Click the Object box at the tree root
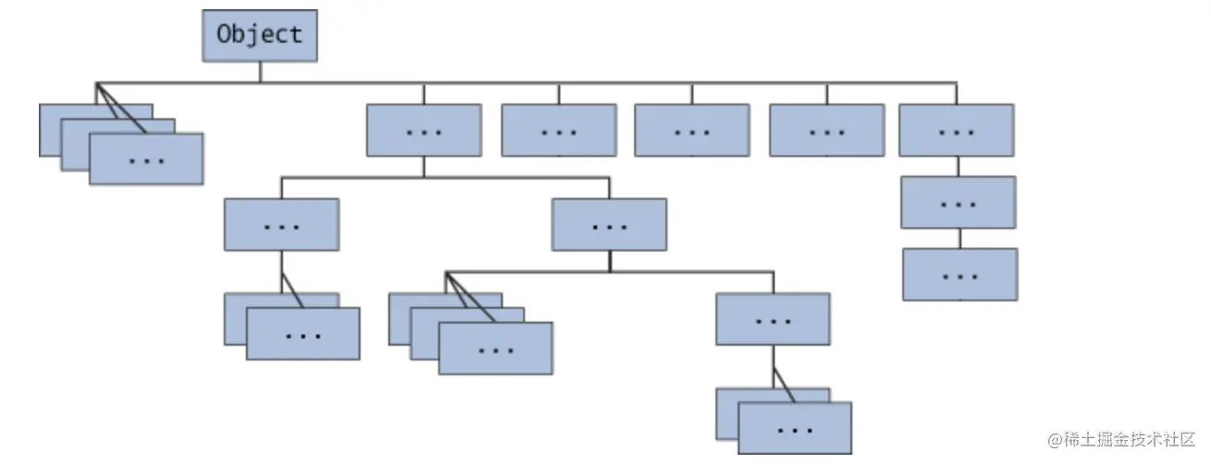tap(260, 35)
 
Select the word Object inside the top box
tap(260, 34)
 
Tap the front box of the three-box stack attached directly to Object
tap(146, 159)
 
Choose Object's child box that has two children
tap(423, 130)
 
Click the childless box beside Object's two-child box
tap(558, 130)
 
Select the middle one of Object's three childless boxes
tap(691, 130)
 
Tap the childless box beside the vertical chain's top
tap(826, 130)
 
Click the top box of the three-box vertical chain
tap(957, 130)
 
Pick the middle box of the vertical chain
tap(959, 202)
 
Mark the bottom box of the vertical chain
tap(960, 275)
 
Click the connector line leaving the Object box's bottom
tap(260, 72)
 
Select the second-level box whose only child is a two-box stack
tap(281, 225)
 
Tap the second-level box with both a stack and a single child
tap(608, 225)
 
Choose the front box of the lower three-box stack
tap(495, 348)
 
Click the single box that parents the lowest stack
tap(773, 320)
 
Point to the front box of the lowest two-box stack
tap(795, 429)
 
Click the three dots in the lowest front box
tap(795, 430)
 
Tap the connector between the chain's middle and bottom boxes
tap(960, 238)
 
